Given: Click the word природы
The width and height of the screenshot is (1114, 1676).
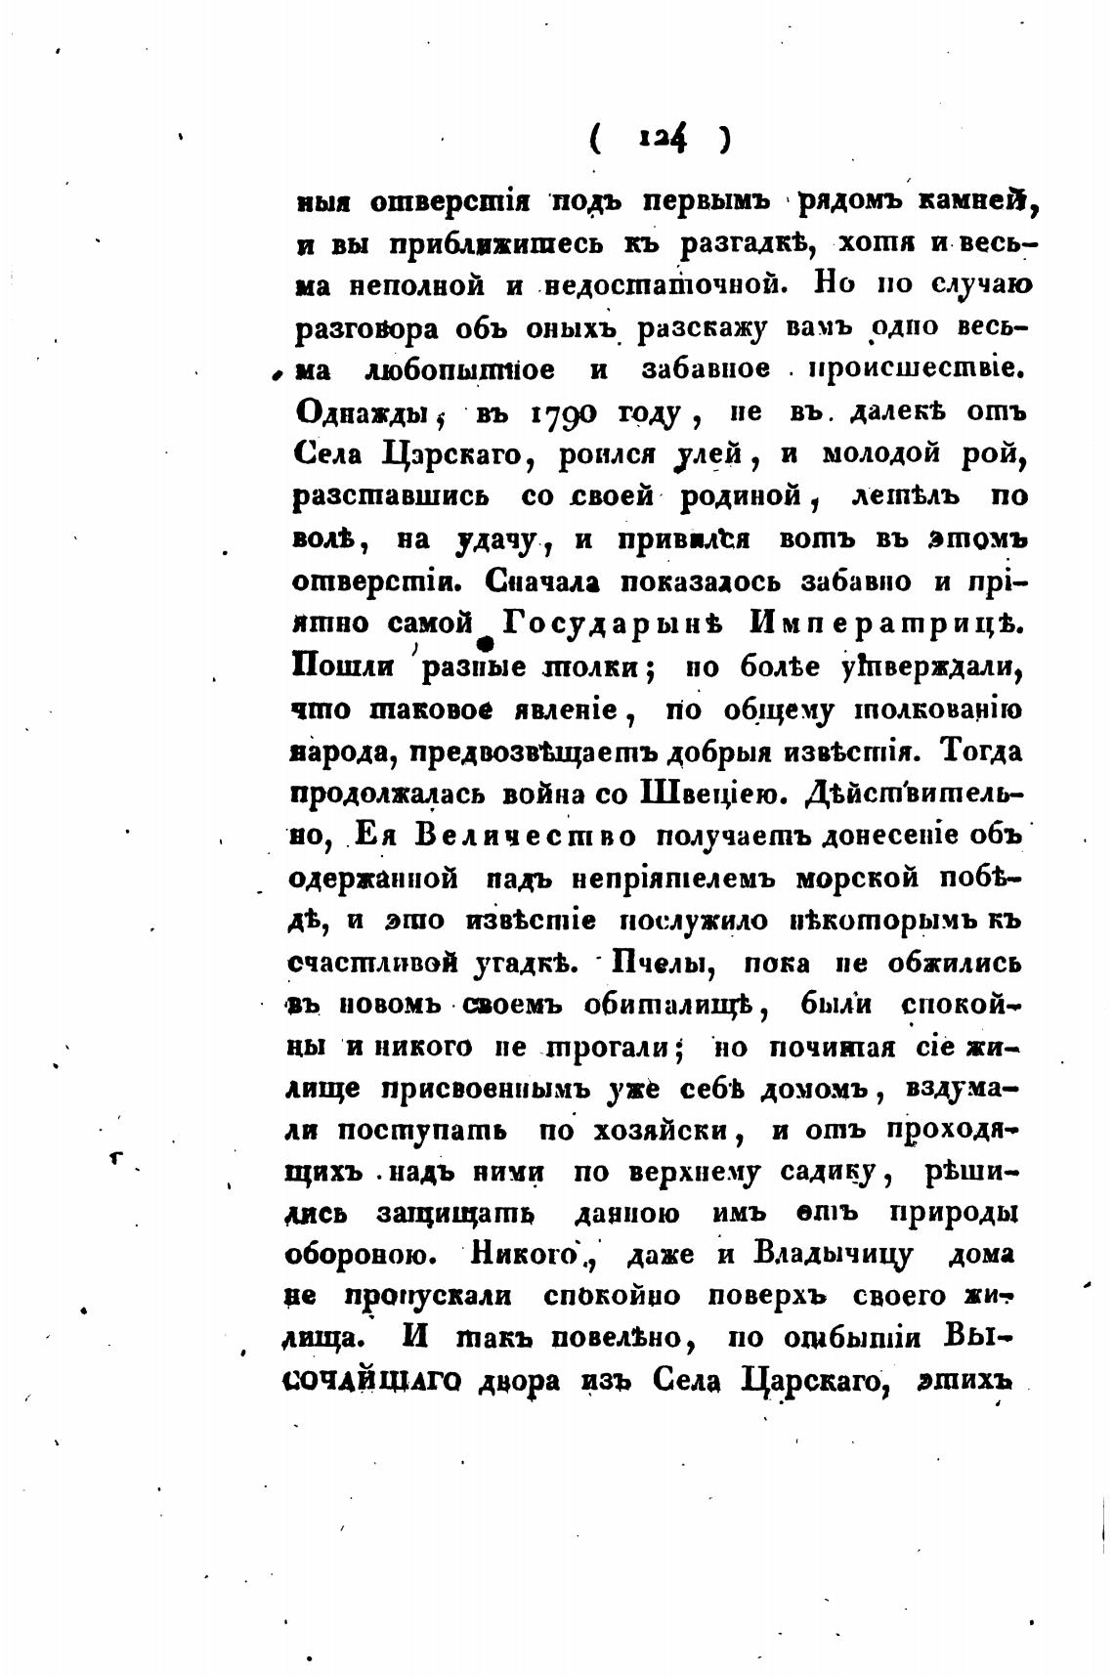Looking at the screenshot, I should pos(956,1212).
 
